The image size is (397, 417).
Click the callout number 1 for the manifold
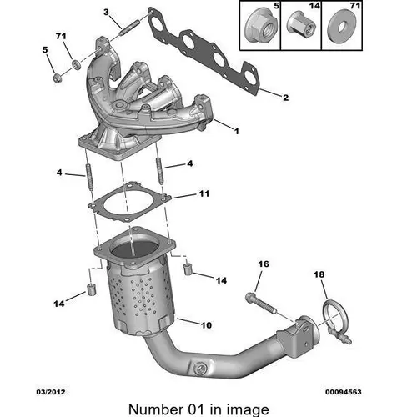[236, 131]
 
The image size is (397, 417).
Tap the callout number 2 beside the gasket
[285, 98]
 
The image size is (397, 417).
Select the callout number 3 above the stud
[106, 13]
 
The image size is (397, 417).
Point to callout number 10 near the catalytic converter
[206, 325]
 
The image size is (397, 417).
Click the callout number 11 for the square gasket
[204, 193]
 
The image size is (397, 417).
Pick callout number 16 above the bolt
[264, 264]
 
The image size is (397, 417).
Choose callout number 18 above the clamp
[319, 274]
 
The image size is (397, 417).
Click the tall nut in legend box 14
[302, 24]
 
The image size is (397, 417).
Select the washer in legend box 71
[342, 27]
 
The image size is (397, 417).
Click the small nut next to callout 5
[57, 78]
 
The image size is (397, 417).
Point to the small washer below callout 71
[76, 65]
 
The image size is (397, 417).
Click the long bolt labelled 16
[260, 304]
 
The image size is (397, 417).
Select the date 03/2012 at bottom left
[51, 392]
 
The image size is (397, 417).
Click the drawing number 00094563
[344, 392]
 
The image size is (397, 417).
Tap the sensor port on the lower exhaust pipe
[201, 369]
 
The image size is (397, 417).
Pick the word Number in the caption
[154, 409]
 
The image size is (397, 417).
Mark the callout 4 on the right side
[190, 163]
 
